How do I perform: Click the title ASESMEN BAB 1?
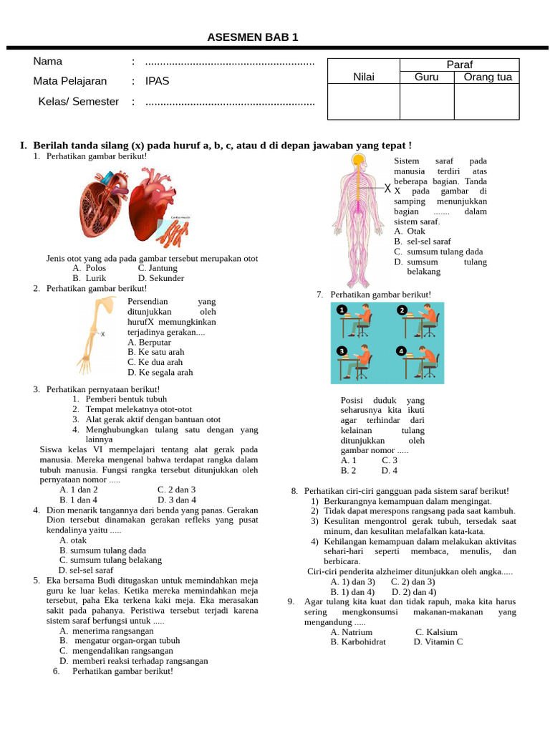(253, 37)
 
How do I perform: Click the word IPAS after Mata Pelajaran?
(157, 81)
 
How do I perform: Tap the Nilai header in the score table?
(363, 77)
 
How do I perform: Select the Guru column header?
(427, 77)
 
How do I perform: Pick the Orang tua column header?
(488, 77)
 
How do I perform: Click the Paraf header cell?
(459, 65)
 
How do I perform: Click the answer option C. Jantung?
(158, 268)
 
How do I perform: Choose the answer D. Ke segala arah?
(160, 373)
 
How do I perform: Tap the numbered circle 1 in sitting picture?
(342, 310)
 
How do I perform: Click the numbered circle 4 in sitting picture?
(402, 351)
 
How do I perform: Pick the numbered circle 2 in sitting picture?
(402, 310)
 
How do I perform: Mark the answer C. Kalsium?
(436, 632)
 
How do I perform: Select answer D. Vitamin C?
(438, 642)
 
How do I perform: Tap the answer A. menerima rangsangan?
(107, 631)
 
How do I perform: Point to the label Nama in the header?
(47, 62)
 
